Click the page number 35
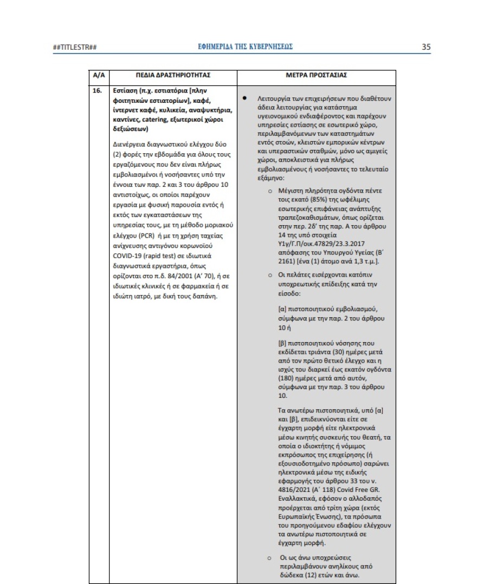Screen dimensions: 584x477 tap(426, 47)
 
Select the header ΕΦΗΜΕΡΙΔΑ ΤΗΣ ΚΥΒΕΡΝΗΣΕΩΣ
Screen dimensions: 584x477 tap(246, 47)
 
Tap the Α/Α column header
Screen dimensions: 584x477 tap(98, 75)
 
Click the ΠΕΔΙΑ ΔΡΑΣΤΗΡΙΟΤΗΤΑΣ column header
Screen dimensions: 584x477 tap(173, 75)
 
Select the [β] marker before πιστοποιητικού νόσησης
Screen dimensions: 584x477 tap(282, 343)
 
